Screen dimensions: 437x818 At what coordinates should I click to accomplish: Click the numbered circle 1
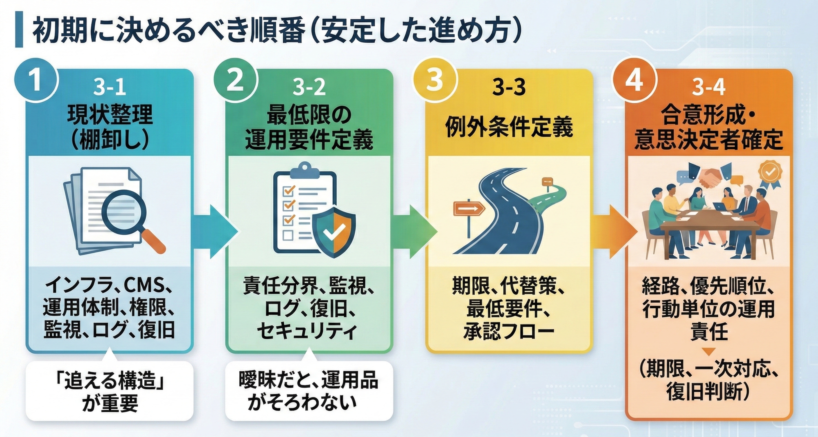(x=36, y=81)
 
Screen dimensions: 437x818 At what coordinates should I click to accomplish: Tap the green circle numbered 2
(x=235, y=81)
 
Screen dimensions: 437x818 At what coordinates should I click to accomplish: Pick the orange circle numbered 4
(x=634, y=81)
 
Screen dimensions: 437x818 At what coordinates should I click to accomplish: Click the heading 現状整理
(x=110, y=116)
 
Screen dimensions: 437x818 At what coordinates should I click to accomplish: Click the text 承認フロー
(x=509, y=332)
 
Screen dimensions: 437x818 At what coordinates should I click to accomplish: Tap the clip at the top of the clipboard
(x=305, y=168)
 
